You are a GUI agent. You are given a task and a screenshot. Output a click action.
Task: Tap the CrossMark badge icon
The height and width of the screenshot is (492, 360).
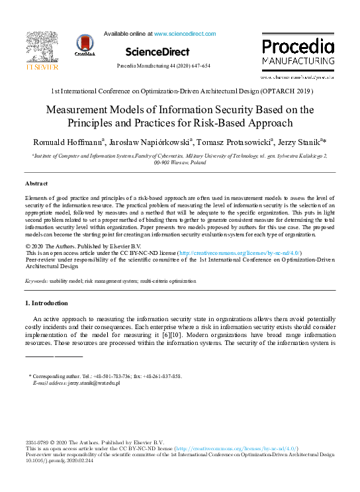pyautogui.click(x=86, y=45)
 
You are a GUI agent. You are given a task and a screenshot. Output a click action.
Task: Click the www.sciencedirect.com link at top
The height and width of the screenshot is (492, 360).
pyautogui.click(x=185, y=33)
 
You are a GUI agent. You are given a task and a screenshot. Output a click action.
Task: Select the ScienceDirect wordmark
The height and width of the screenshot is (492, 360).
pyautogui.click(x=157, y=52)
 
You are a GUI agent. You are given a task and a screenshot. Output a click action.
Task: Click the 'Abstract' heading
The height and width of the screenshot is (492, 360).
pyautogui.click(x=36, y=183)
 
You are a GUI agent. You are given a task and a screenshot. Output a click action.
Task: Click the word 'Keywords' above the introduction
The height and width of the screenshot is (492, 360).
pyautogui.click(x=36, y=281)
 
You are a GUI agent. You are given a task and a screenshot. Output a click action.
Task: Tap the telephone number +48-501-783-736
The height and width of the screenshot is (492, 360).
pyautogui.click(x=109, y=376)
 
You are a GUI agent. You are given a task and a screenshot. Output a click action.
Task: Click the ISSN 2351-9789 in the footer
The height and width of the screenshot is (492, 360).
pyautogui.click(x=36, y=442)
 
